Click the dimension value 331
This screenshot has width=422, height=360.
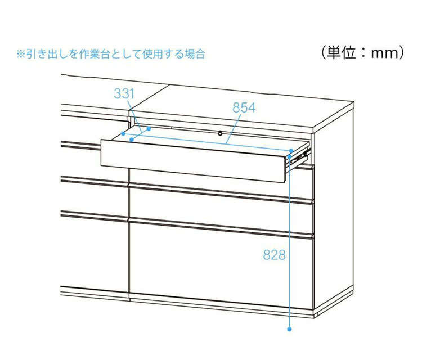pos(124,94)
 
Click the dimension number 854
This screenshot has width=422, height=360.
pos(244,107)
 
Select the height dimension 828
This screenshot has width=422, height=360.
pos(275,255)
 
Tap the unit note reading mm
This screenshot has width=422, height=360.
pos(380,53)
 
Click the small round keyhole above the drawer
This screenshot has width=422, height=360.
pos(219,133)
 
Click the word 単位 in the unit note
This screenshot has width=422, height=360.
pos(343,53)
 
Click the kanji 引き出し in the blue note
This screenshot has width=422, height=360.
pos(43,55)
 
